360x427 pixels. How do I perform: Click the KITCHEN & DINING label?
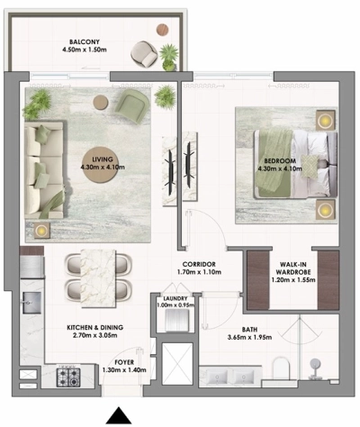click(94, 327)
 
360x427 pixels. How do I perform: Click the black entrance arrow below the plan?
click(118, 415)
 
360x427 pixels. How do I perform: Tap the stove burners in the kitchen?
click(69, 374)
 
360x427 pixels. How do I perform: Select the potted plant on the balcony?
click(168, 56)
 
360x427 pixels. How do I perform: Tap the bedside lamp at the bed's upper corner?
click(323, 119)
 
